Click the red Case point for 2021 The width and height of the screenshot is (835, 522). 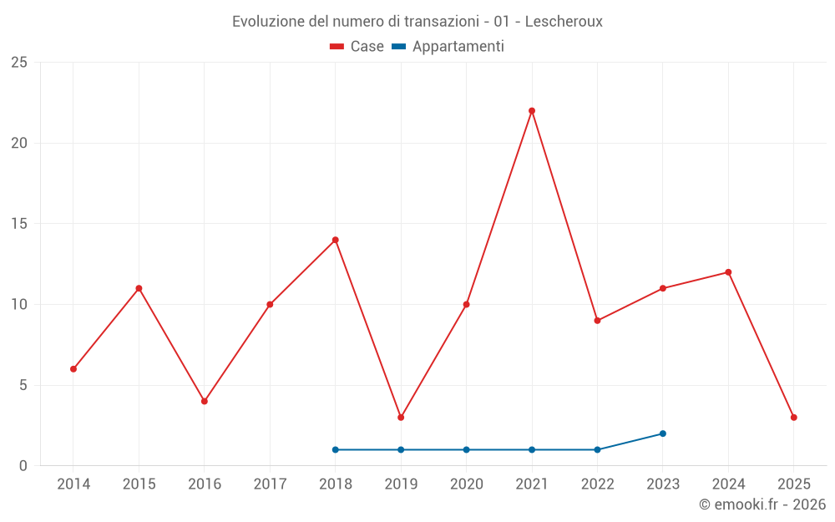[532, 111]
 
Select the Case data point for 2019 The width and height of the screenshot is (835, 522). [401, 418]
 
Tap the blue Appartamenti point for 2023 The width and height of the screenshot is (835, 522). [663, 433]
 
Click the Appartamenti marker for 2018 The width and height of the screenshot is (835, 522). [336, 449]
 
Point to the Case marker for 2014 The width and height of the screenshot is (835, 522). [73, 369]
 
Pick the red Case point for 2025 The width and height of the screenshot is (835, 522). [794, 418]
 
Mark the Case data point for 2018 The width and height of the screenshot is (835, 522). [336, 240]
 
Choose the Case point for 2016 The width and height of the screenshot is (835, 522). [205, 401]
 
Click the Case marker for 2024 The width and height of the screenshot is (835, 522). [728, 272]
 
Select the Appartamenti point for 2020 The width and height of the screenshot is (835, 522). [467, 449]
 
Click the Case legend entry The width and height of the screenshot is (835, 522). [357, 47]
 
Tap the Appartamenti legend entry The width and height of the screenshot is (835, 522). [448, 47]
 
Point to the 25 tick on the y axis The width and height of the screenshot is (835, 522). [19, 63]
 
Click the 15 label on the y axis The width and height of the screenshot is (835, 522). [19, 224]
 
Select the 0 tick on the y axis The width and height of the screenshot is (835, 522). [23, 466]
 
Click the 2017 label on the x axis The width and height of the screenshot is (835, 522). [270, 484]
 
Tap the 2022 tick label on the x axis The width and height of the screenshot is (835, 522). [597, 484]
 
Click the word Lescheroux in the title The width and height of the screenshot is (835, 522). [564, 22]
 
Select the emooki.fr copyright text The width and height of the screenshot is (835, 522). [762, 504]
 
